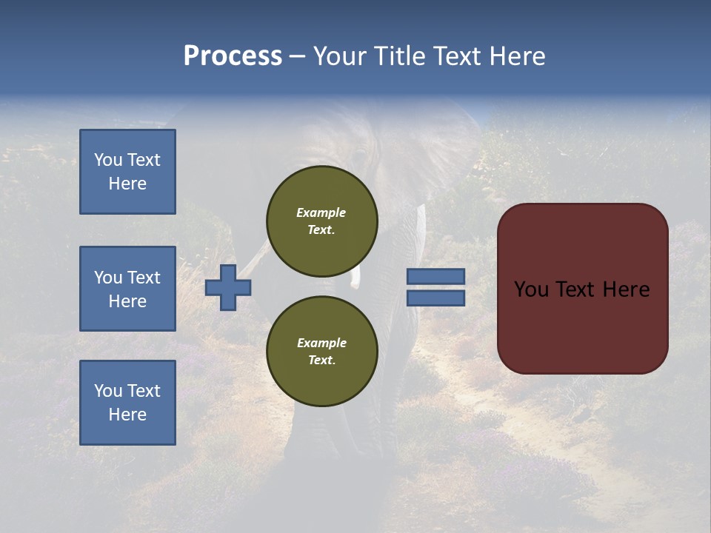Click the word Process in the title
pyautogui.click(x=233, y=56)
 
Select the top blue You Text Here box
pyautogui.click(x=127, y=172)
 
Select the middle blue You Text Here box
pyautogui.click(x=127, y=289)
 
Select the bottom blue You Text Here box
pyautogui.click(x=127, y=403)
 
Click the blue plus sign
pyautogui.click(x=228, y=288)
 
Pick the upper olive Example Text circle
pyautogui.click(x=321, y=221)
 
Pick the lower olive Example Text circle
pyautogui.click(x=321, y=351)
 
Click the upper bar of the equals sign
pyautogui.click(x=435, y=276)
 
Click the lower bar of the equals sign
pyautogui.click(x=435, y=298)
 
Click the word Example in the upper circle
pyautogui.click(x=321, y=212)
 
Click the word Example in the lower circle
pyautogui.click(x=321, y=343)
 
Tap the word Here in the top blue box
pyautogui.click(x=127, y=184)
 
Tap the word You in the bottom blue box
pyautogui.click(x=107, y=391)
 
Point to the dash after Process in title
pyautogui.click(x=297, y=57)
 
